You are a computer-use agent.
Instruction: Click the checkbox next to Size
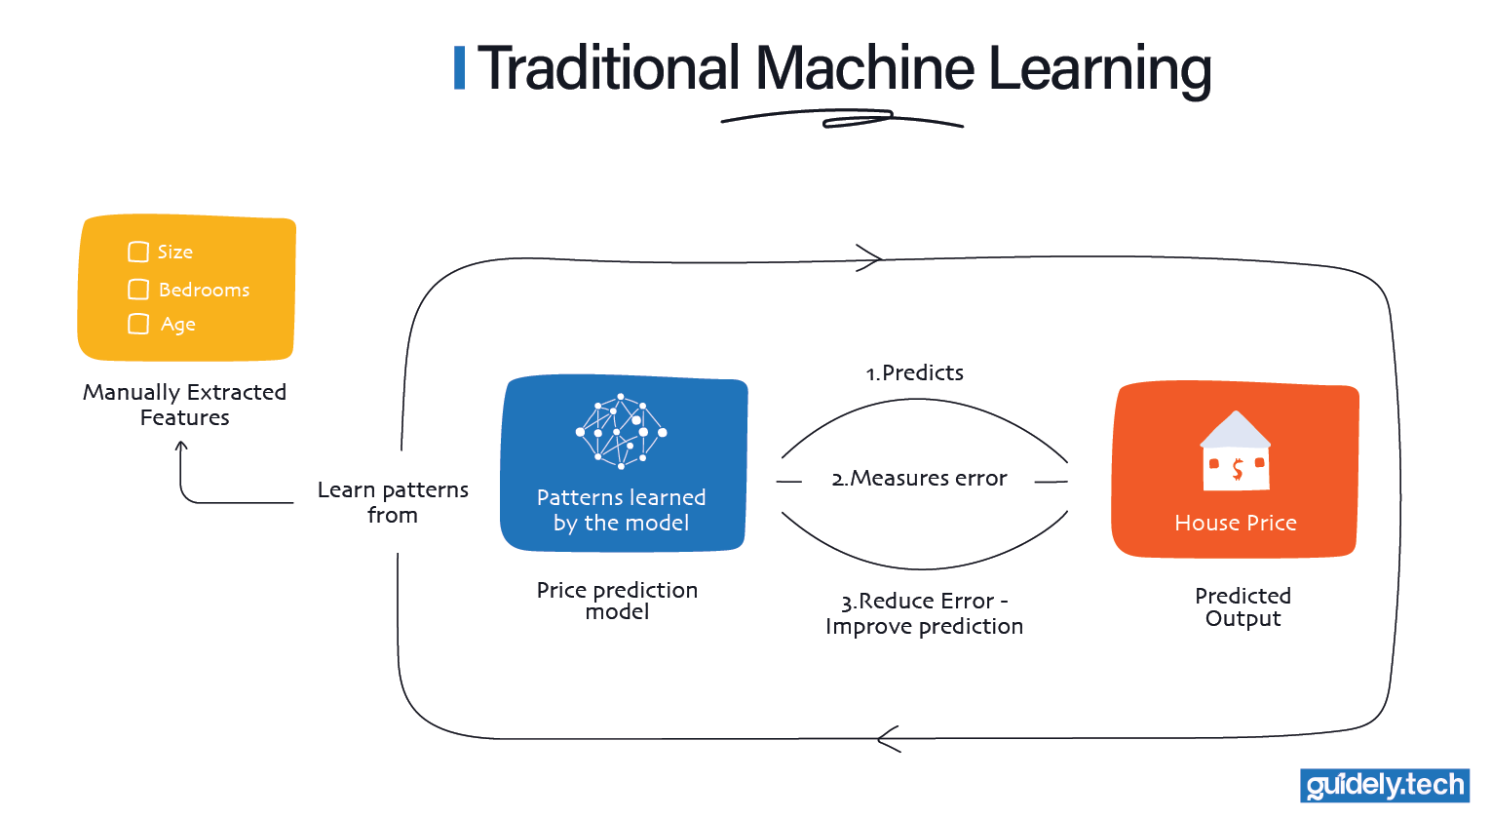(138, 253)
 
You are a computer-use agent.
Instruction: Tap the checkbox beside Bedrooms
(138, 290)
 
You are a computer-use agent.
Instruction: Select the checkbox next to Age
(138, 324)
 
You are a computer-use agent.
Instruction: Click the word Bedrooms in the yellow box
(204, 290)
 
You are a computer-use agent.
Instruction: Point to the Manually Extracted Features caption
(184, 405)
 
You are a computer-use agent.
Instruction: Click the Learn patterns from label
(393, 502)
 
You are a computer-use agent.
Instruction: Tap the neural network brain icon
(622, 432)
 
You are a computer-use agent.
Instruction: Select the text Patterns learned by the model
(622, 510)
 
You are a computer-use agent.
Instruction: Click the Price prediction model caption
(617, 601)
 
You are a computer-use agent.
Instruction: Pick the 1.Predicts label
(914, 372)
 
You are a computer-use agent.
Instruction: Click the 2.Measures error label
(919, 479)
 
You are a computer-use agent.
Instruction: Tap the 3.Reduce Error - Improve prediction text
(924, 613)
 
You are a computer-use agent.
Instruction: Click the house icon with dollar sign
(1235, 450)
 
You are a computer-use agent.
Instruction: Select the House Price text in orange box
(1235, 523)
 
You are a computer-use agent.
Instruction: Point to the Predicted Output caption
(1242, 606)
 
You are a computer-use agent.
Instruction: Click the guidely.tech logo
(1384, 786)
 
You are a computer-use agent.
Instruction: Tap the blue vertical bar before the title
(459, 68)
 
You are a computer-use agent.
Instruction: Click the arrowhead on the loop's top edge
(869, 258)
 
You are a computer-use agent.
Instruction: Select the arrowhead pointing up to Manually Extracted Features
(181, 448)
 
